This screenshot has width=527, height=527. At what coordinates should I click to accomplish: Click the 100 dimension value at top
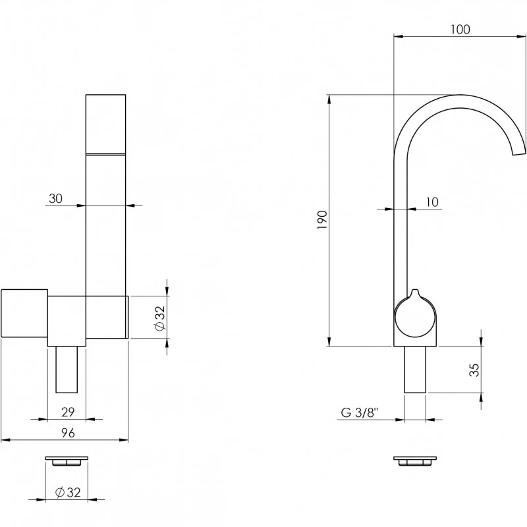pyautogui.click(x=460, y=30)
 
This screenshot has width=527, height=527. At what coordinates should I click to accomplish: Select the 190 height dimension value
pyautogui.click(x=322, y=220)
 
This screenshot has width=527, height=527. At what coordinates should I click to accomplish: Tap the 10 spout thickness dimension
pyautogui.click(x=432, y=202)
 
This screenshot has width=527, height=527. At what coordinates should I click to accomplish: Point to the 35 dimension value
pyautogui.click(x=474, y=370)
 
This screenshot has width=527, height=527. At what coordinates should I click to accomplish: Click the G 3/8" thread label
pyautogui.click(x=360, y=412)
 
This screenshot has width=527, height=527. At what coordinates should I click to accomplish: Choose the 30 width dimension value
pyautogui.click(x=55, y=198)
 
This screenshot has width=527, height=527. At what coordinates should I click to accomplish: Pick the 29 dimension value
pyautogui.click(x=68, y=412)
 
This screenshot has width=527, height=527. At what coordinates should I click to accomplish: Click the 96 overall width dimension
pyautogui.click(x=68, y=433)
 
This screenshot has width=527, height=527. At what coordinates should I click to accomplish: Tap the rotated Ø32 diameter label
pyautogui.click(x=160, y=318)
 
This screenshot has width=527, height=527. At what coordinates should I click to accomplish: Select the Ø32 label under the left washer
pyautogui.click(x=68, y=492)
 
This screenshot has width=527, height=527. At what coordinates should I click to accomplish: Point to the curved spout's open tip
pyautogui.click(x=518, y=153)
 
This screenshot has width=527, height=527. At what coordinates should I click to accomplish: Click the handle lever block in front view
pyautogui.click(x=24, y=313)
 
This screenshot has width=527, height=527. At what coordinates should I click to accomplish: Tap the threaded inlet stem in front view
pyautogui.click(x=67, y=370)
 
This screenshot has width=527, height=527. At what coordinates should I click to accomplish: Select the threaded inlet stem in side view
pyautogui.click(x=415, y=370)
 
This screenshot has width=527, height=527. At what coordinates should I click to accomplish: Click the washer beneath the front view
pyautogui.click(x=67, y=461)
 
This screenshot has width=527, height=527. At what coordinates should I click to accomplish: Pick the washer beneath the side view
pyautogui.click(x=415, y=461)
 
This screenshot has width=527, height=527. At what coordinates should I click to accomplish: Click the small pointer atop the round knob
pyautogui.click(x=415, y=293)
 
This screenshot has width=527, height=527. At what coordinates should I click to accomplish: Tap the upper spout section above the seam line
pyautogui.click(x=106, y=125)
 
